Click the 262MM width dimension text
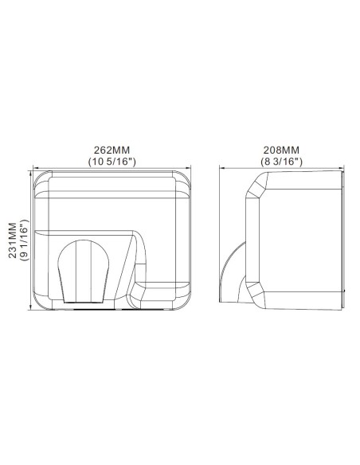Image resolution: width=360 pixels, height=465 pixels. [x=112, y=150]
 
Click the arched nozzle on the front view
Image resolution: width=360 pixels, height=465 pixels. [x=84, y=271]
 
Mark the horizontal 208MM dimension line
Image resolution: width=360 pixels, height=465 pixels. [x=239, y=168]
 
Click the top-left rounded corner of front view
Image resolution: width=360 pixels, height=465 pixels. [x=37, y=178]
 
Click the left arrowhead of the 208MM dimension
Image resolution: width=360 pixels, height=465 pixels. [x=223, y=168]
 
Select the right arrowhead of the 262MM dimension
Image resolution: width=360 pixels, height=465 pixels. [x=191, y=168]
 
